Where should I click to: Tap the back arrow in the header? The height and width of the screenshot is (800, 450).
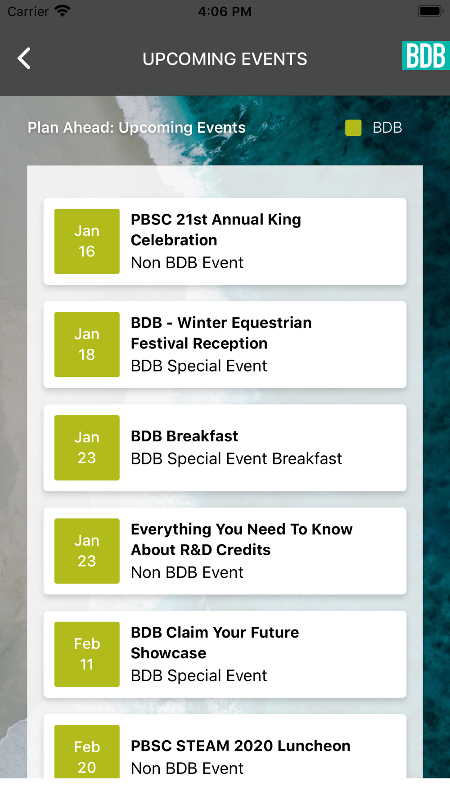pyautogui.click(x=24, y=58)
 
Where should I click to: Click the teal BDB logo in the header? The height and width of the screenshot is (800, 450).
pyautogui.click(x=426, y=55)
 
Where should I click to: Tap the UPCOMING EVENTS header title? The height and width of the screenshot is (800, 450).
pyautogui.click(x=225, y=59)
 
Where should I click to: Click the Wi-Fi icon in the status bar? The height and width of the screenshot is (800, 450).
pyautogui.click(x=62, y=10)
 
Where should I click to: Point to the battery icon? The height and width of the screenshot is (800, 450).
pyautogui.click(x=431, y=11)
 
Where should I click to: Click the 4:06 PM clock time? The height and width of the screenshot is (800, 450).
pyautogui.click(x=225, y=11)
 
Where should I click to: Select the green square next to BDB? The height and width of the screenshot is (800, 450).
pyautogui.click(x=353, y=128)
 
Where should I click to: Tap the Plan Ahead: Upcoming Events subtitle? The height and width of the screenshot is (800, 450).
pyautogui.click(x=137, y=128)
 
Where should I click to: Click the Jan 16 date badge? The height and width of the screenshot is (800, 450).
pyautogui.click(x=87, y=241)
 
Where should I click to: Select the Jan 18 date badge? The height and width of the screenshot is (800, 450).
pyautogui.click(x=87, y=345)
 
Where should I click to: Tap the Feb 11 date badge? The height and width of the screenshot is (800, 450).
pyautogui.click(x=87, y=654)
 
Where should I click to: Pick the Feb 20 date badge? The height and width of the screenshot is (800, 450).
pyautogui.click(x=87, y=751)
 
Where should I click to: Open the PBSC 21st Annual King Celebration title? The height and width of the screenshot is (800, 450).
pyautogui.click(x=216, y=230)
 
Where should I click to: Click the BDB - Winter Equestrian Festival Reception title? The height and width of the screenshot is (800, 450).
pyautogui.click(x=221, y=333)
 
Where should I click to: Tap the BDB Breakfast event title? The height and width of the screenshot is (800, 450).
pyautogui.click(x=184, y=436)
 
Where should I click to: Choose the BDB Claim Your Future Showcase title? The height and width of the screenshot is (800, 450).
pyautogui.click(x=215, y=643)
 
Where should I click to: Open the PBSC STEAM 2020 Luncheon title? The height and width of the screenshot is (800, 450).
pyautogui.click(x=241, y=746)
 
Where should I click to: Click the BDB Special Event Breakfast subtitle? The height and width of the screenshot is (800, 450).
pyautogui.click(x=237, y=459)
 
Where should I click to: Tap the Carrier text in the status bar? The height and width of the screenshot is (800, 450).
pyautogui.click(x=28, y=11)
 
